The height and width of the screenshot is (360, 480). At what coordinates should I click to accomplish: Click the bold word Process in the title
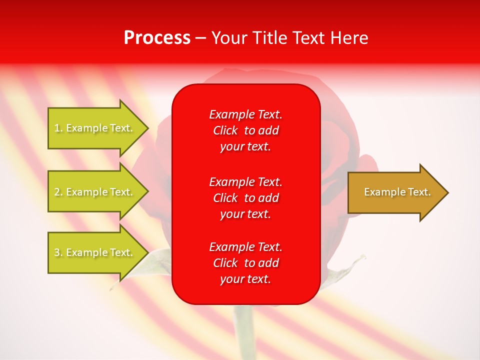tap(157, 38)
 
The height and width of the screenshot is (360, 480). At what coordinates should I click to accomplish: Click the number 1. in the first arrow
tap(58, 128)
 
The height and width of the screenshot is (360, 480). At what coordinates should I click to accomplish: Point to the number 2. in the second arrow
tap(58, 192)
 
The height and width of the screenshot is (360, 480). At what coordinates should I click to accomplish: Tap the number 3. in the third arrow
tap(58, 252)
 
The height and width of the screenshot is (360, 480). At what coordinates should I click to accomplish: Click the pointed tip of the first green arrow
tap(146, 128)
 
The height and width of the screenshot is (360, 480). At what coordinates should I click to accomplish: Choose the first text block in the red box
tap(245, 130)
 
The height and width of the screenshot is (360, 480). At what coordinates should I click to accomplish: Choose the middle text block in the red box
tap(245, 198)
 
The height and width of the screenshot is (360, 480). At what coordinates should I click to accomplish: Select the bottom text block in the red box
tap(245, 263)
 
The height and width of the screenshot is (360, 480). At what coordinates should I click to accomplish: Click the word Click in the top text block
tap(225, 130)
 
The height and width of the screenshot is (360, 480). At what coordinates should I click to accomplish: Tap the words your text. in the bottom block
tap(245, 279)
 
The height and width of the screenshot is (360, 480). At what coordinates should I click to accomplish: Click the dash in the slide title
tap(200, 38)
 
